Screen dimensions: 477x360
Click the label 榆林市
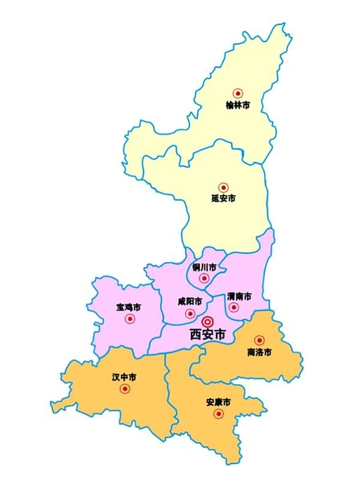tap(238, 105)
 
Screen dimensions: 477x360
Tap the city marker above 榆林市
tap(238, 93)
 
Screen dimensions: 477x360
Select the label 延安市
tap(223, 198)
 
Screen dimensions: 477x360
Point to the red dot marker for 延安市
tap(223, 187)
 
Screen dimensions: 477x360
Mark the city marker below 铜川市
tap(204, 278)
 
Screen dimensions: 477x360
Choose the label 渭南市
tap(238, 296)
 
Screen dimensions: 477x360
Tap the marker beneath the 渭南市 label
tap(233, 307)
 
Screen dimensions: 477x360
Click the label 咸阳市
tap(189, 301)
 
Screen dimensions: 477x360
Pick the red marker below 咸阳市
tap(189, 314)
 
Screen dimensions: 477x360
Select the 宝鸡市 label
tap(128, 307)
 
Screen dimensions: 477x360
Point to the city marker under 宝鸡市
tap(130, 319)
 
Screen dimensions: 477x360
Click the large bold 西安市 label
tap(207, 335)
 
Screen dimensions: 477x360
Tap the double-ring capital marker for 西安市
tap(207, 322)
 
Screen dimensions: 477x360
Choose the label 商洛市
tap(258, 352)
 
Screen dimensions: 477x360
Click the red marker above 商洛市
tap(259, 340)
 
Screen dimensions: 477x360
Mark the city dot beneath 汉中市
tap(125, 389)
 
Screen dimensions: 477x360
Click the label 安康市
tap(217, 401)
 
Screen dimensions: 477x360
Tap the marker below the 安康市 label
tap(217, 414)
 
